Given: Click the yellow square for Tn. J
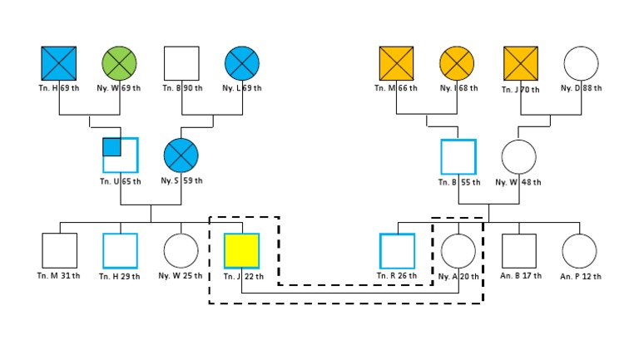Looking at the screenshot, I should click(241, 250).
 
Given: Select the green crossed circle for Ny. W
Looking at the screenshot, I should click(119, 63).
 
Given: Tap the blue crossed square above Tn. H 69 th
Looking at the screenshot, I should click(58, 63).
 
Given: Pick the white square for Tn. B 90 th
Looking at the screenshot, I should click(181, 63).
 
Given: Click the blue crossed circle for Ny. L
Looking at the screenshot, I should click(241, 63).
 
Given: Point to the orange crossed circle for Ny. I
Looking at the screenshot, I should click(458, 63).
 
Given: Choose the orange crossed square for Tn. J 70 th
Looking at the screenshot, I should click(521, 63).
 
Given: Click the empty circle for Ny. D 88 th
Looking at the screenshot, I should click(582, 63).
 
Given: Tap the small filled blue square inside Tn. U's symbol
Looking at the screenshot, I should click(112, 147).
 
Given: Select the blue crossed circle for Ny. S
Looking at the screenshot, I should click(181, 156).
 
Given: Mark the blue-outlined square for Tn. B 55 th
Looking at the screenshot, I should click(458, 156).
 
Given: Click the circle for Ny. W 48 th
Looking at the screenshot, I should click(518, 156).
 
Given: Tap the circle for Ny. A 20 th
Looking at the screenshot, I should click(458, 250).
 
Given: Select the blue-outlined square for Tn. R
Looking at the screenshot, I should click(397, 250).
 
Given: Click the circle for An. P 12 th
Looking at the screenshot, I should click(579, 250).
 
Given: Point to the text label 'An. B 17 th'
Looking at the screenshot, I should click(519, 276).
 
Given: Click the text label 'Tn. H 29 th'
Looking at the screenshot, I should click(120, 276).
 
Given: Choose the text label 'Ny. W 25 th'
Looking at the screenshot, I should click(181, 276).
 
